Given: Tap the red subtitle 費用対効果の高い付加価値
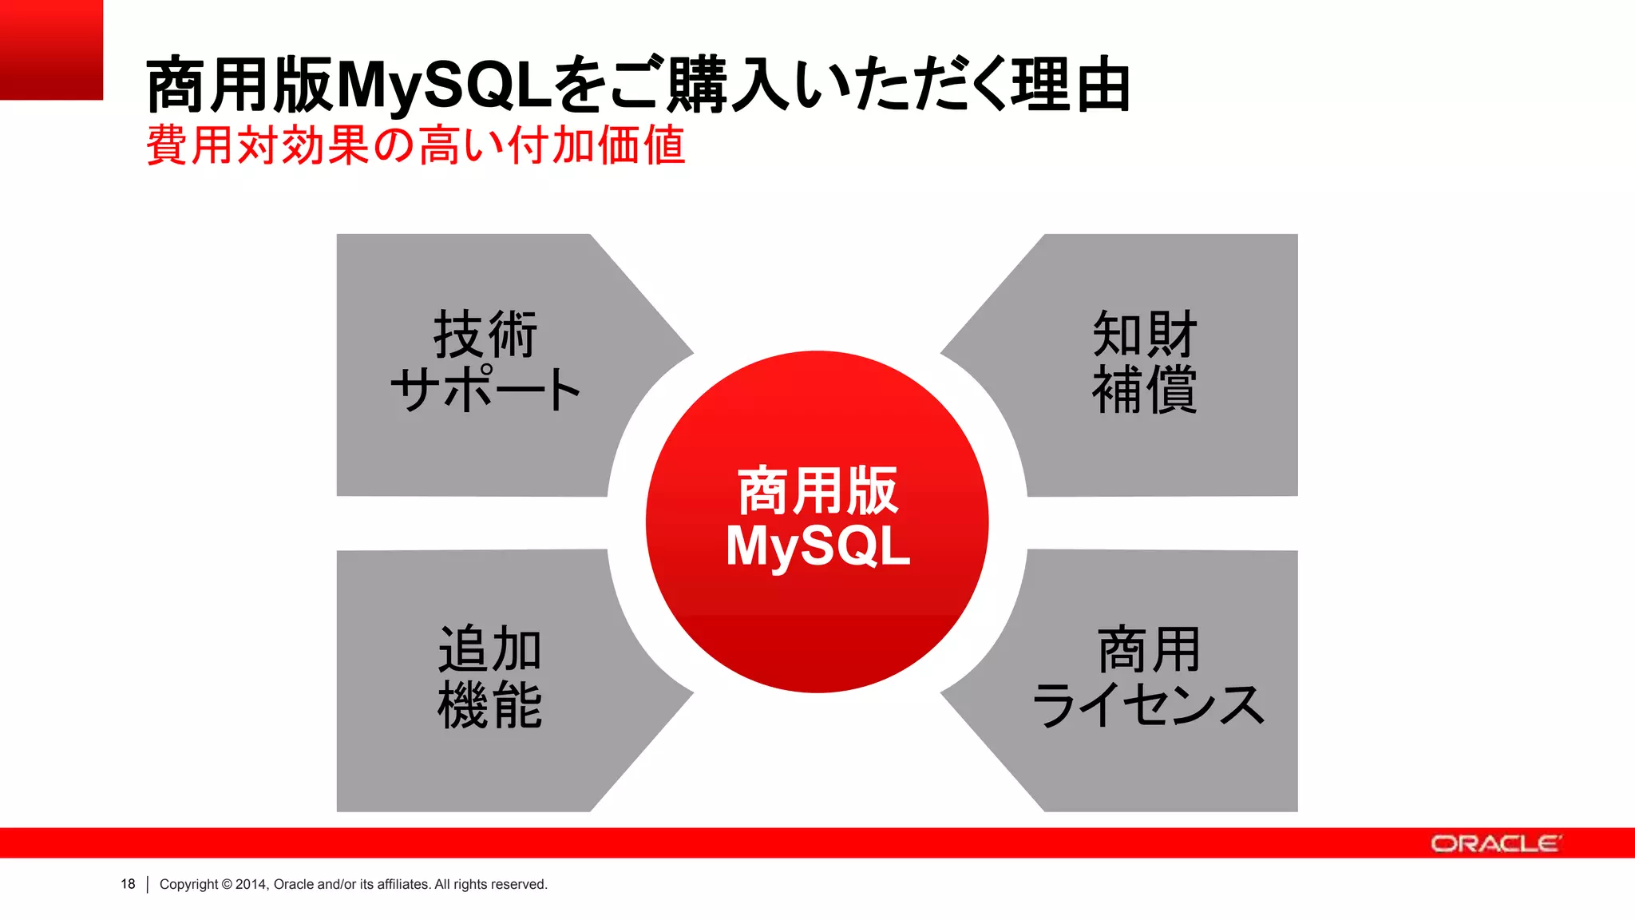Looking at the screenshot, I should tap(415, 145).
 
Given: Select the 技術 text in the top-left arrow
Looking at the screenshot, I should tap(485, 334).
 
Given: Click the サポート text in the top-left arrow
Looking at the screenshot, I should tap(485, 390).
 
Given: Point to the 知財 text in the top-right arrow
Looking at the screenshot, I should tap(1144, 334).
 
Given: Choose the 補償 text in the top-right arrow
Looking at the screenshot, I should tap(1144, 390).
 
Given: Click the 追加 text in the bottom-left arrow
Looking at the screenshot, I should tap(489, 648).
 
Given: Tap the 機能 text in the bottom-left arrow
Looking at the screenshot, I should tap(489, 704).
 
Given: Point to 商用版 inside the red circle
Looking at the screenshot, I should tap(817, 490).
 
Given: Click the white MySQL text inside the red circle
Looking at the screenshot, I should tap(817, 546).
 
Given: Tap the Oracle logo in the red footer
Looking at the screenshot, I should tap(1494, 843).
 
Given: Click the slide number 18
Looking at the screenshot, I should tap(128, 884).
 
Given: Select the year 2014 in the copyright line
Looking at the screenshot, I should tap(251, 884).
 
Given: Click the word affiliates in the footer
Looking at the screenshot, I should tap(403, 884).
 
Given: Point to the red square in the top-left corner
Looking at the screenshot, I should tap(51, 50).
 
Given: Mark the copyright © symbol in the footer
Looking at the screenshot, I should tap(227, 884).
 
